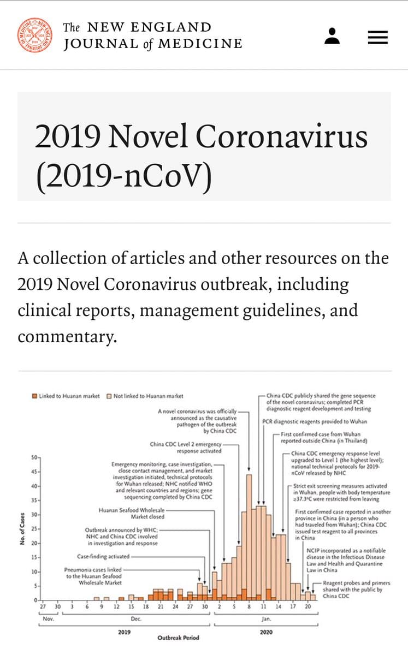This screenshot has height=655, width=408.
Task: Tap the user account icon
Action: click(x=332, y=36)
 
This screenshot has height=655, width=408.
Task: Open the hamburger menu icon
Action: click(x=377, y=37)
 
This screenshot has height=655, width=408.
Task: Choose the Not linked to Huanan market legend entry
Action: click(x=145, y=396)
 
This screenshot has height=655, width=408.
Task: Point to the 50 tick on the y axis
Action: click(x=32, y=456)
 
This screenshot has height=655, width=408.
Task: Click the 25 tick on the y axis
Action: click(x=32, y=529)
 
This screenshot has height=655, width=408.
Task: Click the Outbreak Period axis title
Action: click(x=178, y=638)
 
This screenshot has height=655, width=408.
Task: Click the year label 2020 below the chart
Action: click(x=266, y=632)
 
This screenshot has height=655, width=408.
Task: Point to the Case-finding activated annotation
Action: click(x=103, y=557)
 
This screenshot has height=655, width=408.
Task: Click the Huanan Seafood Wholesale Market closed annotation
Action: click(x=131, y=513)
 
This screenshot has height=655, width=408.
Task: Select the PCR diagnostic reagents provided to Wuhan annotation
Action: click(x=314, y=421)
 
